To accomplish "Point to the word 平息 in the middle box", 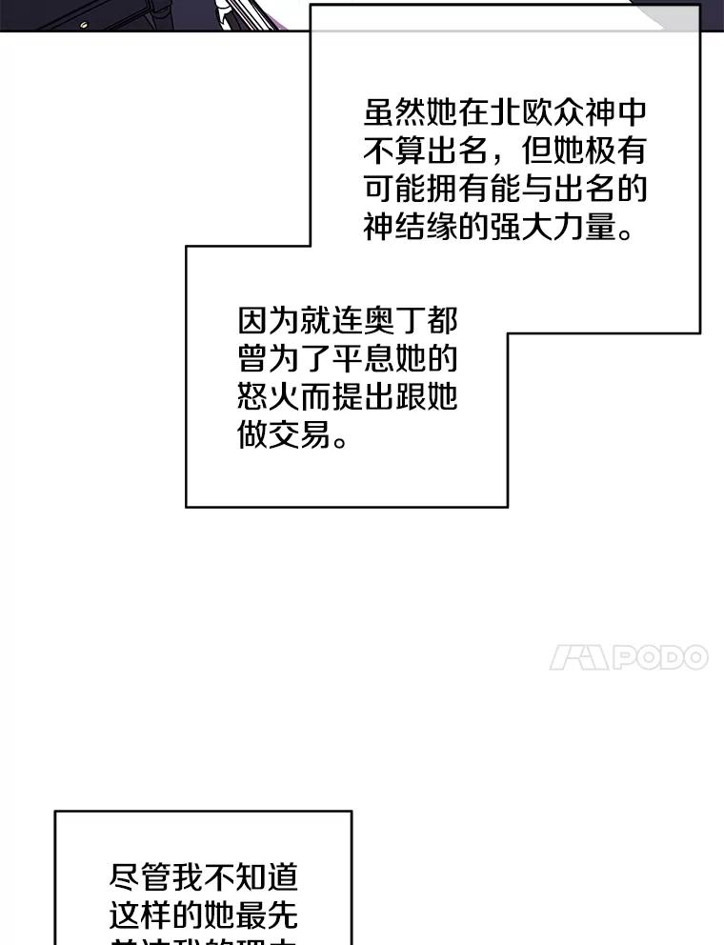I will (364, 359).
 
